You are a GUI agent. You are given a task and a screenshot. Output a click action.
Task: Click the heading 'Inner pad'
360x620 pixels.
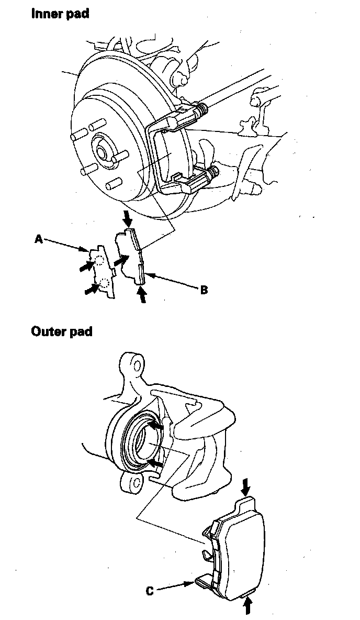pos(60,14)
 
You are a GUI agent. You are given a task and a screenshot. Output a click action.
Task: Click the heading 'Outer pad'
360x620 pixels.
pos(62,331)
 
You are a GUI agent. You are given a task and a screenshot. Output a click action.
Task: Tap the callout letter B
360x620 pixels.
pos(204,289)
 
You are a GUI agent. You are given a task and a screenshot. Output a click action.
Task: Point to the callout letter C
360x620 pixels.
pos(150,591)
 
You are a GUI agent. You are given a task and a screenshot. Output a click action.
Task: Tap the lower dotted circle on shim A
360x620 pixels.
pos(105,283)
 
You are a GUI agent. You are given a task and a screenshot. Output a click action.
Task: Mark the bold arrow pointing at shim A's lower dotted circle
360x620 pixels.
pos(90,288)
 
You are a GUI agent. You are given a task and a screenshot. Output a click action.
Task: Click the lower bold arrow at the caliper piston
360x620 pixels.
pos(154,463)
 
